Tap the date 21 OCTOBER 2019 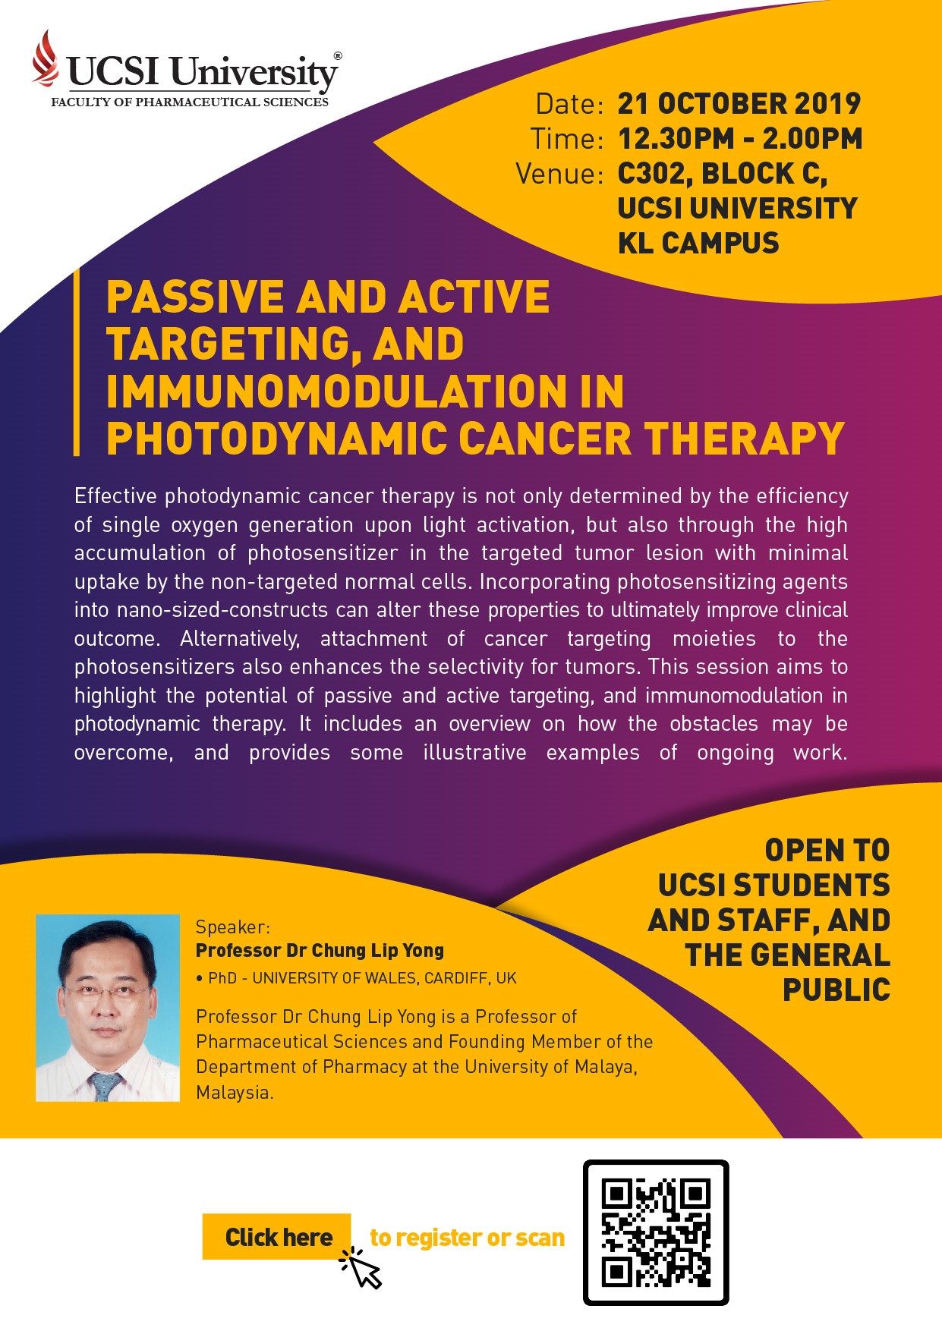[739, 104]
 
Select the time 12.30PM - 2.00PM [740, 139]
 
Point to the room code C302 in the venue [654, 175]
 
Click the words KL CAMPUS [698, 244]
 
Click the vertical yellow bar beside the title [77, 362]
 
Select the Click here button [277, 1237]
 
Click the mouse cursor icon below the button [361, 1268]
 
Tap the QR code [656, 1233]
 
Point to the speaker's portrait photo [108, 1008]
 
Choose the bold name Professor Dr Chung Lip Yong [320, 951]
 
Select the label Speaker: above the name [233, 927]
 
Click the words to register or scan [467, 1238]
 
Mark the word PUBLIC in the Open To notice [836, 990]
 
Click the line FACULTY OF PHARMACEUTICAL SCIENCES [190, 102]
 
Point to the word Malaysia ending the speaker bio [235, 1093]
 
